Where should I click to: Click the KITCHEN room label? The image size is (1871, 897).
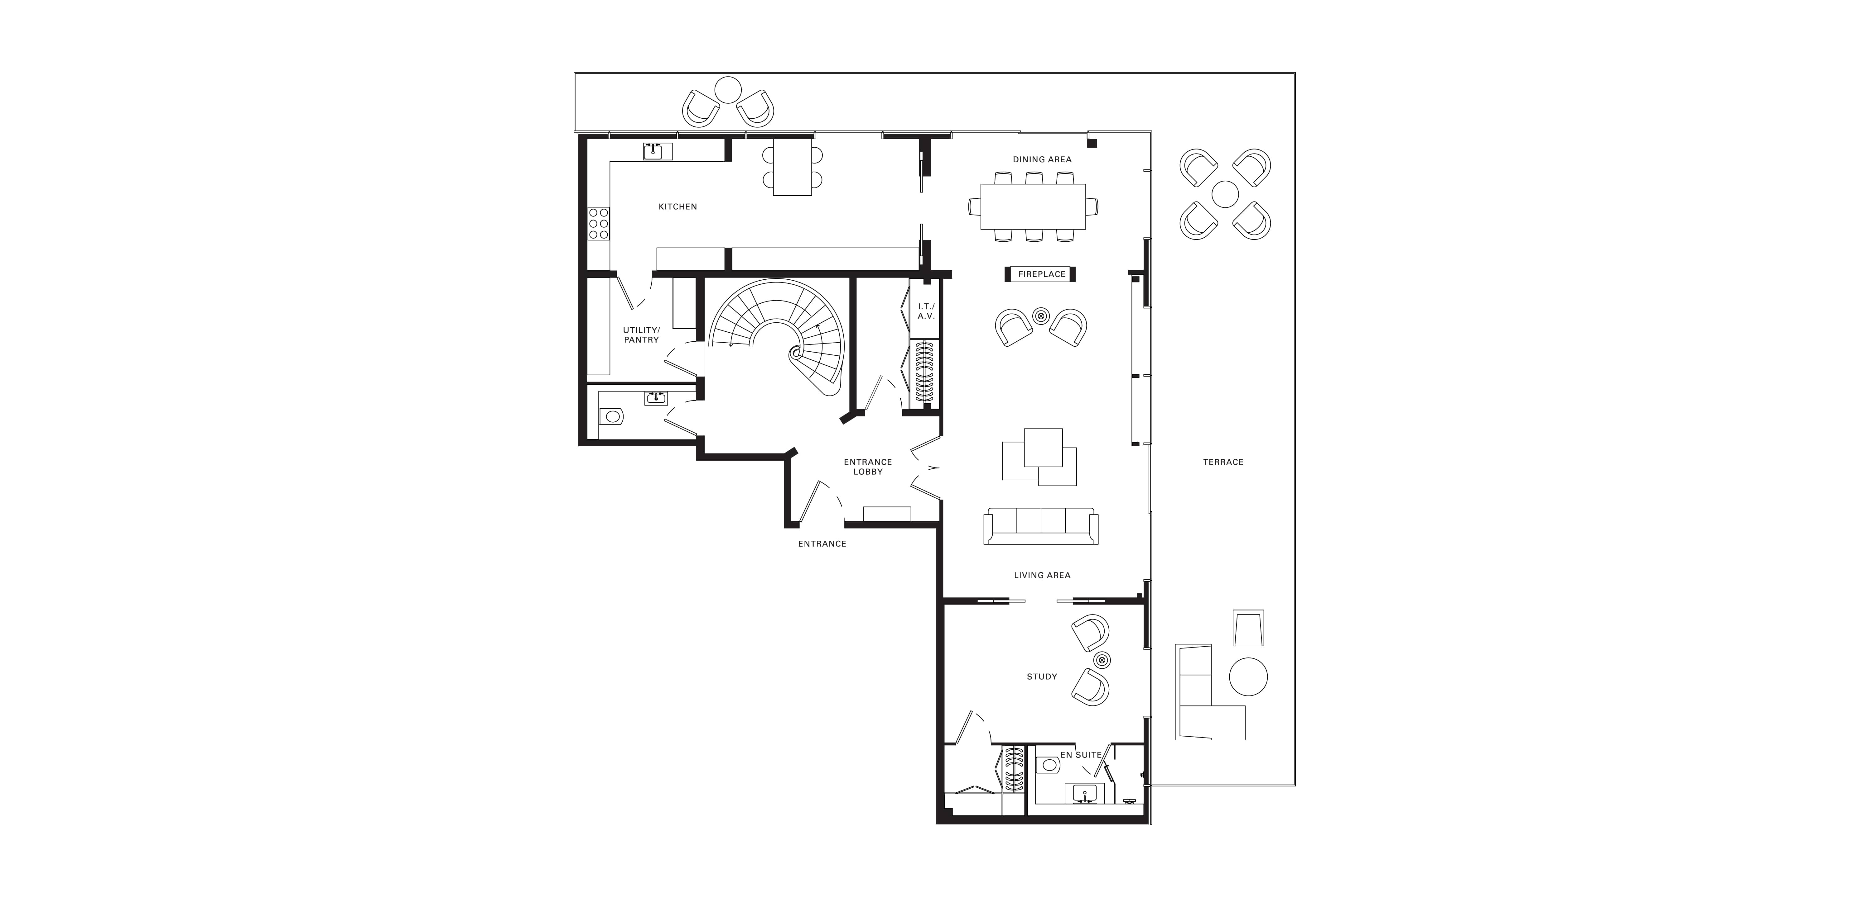pyautogui.click(x=678, y=207)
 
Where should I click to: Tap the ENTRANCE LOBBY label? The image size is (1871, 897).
pyautogui.click(x=868, y=467)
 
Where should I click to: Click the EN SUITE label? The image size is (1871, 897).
pyautogui.click(x=1081, y=755)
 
